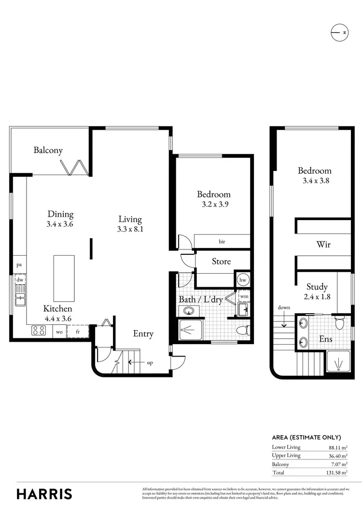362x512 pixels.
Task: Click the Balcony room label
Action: pyautogui.click(x=48, y=151)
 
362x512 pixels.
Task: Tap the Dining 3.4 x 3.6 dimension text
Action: pyautogui.click(x=60, y=224)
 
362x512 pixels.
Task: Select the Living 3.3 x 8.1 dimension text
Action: pyautogui.click(x=130, y=229)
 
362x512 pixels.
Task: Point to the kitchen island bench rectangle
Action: pyautogui.click(x=64, y=278)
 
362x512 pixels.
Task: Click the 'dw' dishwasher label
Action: pyautogui.click(x=20, y=279)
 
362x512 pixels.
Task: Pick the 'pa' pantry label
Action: pyautogui.click(x=19, y=264)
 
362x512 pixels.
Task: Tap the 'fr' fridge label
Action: pyautogui.click(x=77, y=332)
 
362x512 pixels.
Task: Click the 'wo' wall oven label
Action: pyautogui.click(x=60, y=332)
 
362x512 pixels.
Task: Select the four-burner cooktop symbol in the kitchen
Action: pyautogui.click(x=39, y=331)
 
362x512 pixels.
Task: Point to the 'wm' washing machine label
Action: pyautogui.click(x=244, y=296)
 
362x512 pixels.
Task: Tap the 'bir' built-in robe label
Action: pyautogui.click(x=222, y=241)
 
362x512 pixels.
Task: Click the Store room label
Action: pyautogui.click(x=222, y=262)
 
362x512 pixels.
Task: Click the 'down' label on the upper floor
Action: pyautogui.click(x=284, y=308)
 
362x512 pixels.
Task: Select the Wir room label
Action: pyautogui.click(x=323, y=245)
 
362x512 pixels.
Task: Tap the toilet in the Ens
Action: pyautogui.click(x=340, y=322)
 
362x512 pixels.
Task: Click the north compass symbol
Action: pyautogui.click(x=339, y=33)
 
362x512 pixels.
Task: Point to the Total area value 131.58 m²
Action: pyautogui.click(x=338, y=473)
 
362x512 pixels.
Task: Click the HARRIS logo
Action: pyautogui.click(x=44, y=494)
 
